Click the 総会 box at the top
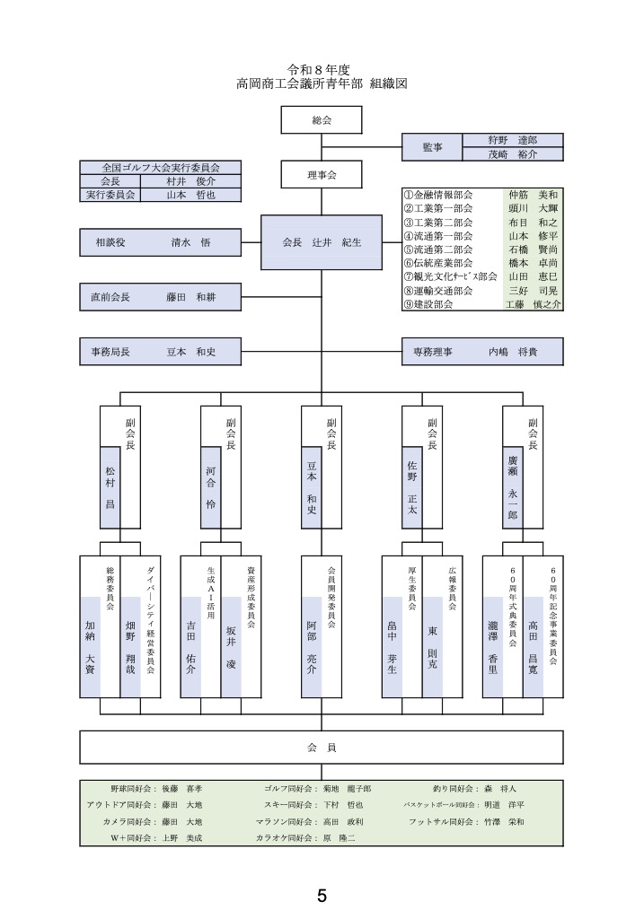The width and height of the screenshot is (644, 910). click(x=322, y=120)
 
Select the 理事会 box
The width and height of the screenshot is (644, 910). click(x=322, y=175)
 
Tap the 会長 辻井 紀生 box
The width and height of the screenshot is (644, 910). click(x=322, y=242)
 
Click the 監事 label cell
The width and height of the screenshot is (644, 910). click(x=431, y=147)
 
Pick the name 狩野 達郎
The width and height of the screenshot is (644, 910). click(x=512, y=140)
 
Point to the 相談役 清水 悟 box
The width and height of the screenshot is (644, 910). click(x=161, y=242)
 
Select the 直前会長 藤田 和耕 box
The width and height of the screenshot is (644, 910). click(x=161, y=296)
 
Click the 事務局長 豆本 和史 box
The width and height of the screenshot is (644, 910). click(x=161, y=352)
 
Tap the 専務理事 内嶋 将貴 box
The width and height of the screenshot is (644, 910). click(x=482, y=352)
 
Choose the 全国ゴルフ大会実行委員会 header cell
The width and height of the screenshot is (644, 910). click(x=161, y=167)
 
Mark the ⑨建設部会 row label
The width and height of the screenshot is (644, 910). click(x=429, y=305)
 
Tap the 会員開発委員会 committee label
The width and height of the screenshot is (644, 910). click(x=331, y=596)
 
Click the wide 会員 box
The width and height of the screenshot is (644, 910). click(x=322, y=747)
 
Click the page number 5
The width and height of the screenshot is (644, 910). click(x=322, y=895)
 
